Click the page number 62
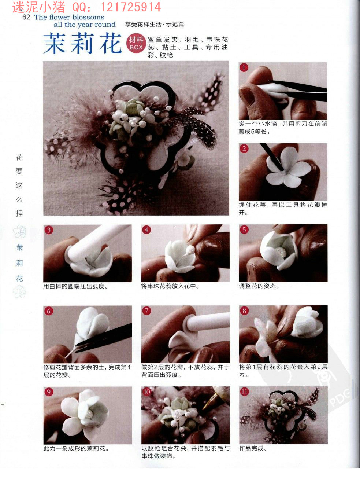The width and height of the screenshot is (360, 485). (x=26, y=17)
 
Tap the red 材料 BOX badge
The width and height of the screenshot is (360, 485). (x=136, y=43)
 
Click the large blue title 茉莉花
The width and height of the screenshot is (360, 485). (x=82, y=43)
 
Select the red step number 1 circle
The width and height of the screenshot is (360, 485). (x=244, y=67)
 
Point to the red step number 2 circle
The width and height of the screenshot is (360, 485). (x=244, y=149)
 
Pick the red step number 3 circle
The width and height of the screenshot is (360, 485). (x=49, y=230)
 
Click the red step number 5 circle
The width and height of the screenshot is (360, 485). (x=244, y=229)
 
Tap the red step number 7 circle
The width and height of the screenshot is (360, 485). (x=146, y=311)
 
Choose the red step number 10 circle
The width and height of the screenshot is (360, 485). (x=146, y=392)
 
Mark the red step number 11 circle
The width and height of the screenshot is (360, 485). (x=244, y=392)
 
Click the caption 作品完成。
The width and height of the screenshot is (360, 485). (x=253, y=448)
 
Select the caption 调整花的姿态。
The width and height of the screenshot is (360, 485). (x=259, y=286)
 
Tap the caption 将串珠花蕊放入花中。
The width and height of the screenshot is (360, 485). (x=170, y=286)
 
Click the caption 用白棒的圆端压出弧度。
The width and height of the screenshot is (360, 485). (x=75, y=286)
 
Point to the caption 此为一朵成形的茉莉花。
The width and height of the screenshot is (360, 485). (x=76, y=448)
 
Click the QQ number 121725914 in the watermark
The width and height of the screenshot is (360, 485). (x=130, y=7)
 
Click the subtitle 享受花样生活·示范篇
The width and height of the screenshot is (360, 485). (x=155, y=24)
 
